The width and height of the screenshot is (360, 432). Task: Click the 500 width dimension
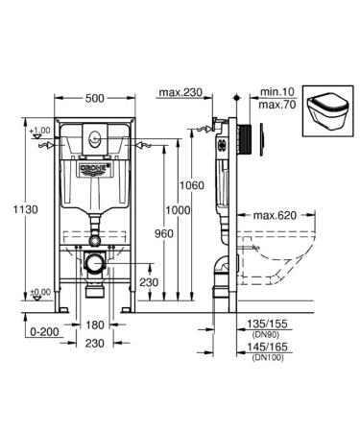coord(95,99)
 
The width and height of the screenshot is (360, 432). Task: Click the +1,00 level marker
coord(39,131)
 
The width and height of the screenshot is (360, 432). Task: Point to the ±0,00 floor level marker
coord(39,292)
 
